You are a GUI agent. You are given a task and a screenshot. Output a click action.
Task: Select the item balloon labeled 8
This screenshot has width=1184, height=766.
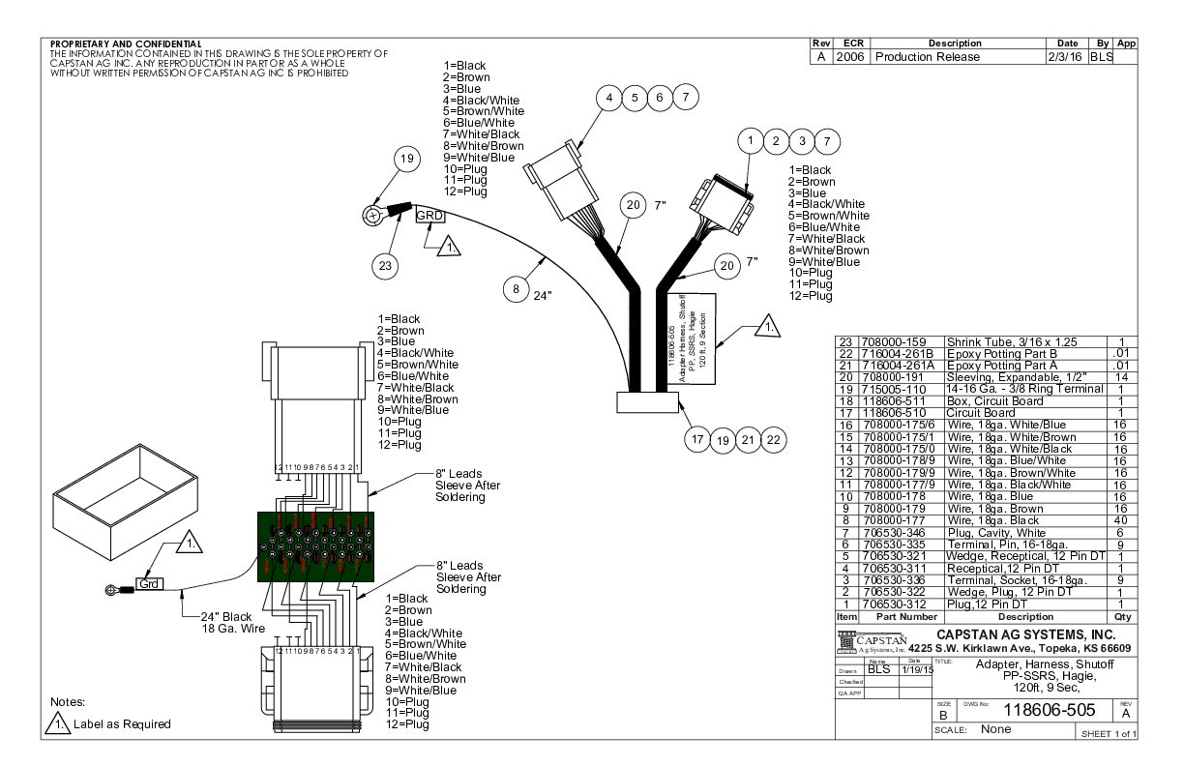pyautogui.click(x=518, y=287)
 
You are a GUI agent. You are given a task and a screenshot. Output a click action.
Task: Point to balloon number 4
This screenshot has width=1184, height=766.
pyautogui.click(x=608, y=98)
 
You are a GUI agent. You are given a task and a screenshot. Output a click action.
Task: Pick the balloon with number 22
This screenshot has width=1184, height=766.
pyautogui.click(x=774, y=440)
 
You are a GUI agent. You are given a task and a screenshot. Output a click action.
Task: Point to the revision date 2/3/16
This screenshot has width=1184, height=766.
pyautogui.click(x=1066, y=57)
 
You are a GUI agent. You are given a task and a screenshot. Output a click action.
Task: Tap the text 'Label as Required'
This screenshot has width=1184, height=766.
pyautogui.click(x=123, y=724)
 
